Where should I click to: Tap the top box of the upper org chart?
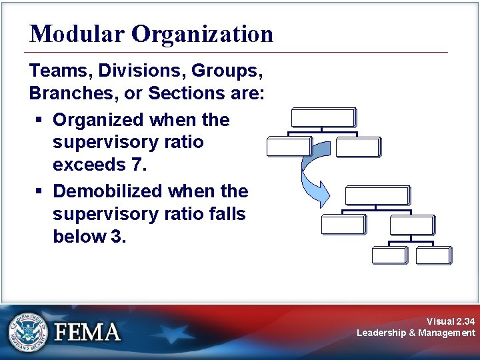(323, 117)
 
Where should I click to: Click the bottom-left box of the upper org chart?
(288, 146)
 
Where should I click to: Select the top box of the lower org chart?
(377, 195)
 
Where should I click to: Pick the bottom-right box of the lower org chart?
(433, 255)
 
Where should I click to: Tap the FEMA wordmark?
(87, 332)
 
